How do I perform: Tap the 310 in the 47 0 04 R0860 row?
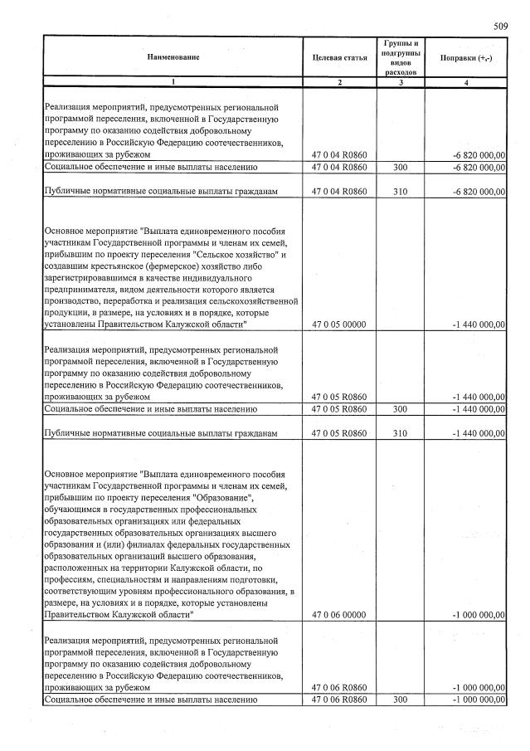coord(401,193)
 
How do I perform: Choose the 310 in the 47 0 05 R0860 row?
coord(401,434)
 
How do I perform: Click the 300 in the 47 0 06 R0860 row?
coord(401,700)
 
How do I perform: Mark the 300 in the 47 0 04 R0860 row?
coord(401,168)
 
